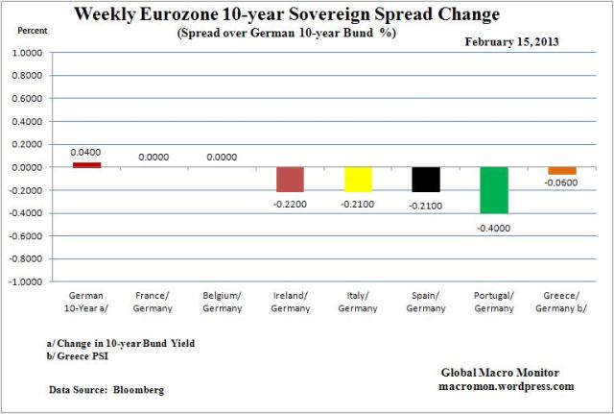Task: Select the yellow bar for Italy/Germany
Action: pos(358,179)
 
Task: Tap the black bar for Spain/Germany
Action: pos(426,179)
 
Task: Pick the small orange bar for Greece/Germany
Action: pos(562,170)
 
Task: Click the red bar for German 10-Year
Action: pos(86,164)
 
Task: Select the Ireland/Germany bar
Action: pos(290,180)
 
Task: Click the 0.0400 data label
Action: pos(86,152)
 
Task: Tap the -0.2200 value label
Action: pos(290,204)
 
